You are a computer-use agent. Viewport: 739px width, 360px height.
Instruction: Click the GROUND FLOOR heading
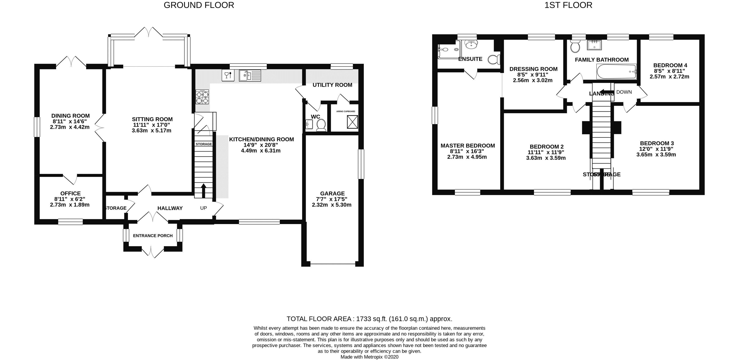pos(198,5)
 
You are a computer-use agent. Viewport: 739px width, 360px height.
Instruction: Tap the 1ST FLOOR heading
pos(568,5)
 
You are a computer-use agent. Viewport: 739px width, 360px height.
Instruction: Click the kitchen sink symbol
pos(249,76)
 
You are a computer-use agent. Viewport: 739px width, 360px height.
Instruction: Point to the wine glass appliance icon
pos(228,75)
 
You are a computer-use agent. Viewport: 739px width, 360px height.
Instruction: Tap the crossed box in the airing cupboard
pos(352,122)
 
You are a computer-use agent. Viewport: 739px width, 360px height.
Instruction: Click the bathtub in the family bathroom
pos(616,72)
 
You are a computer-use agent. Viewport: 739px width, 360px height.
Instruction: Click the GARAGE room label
pos(332,193)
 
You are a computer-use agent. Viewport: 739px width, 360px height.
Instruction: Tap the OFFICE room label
pos(70,193)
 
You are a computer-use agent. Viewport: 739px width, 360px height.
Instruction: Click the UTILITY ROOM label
pos(332,85)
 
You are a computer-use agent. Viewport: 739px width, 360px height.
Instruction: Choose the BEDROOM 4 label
pos(670,65)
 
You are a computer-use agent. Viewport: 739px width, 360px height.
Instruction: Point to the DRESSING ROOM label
pos(533,69)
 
